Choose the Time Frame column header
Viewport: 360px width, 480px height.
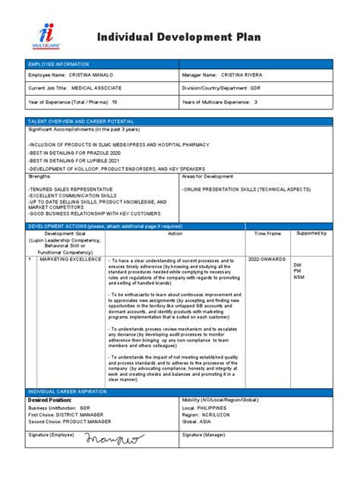(267, 234)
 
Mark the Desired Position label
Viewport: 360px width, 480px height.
(49, 399)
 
